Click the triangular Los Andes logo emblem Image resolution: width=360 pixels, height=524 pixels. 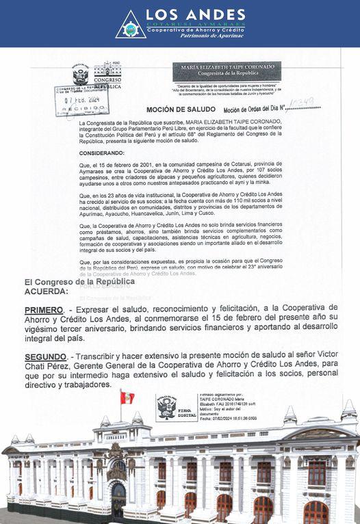click(x=130, y=24)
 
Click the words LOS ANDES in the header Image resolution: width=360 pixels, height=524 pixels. click(x=196, y=14)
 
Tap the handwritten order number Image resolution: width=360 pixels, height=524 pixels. click(x=301, y=103)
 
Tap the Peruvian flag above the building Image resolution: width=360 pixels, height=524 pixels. click(x=127, y=397)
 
